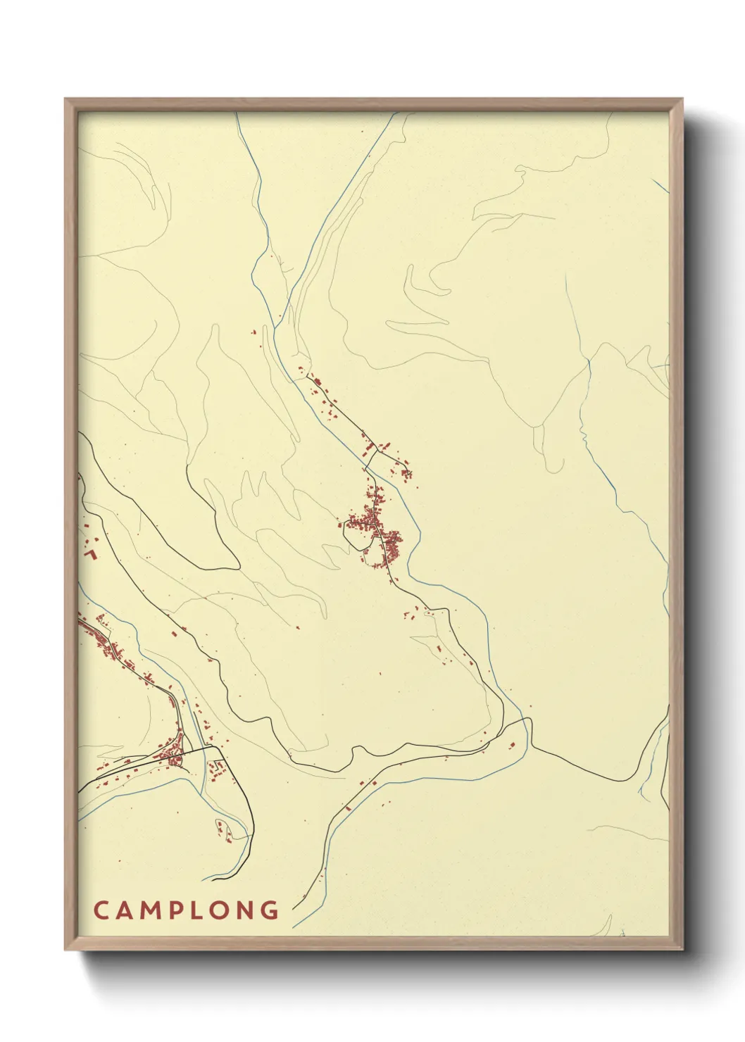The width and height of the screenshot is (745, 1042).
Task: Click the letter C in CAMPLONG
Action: point(100,910)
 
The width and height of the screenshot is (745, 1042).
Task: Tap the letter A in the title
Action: point(126,910)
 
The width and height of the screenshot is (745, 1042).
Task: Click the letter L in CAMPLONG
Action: point(208,910)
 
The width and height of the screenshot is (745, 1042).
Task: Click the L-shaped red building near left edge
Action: point(89,554)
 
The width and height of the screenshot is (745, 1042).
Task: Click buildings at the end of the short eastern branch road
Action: point(406,473)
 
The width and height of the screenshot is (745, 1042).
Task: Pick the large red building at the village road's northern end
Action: point(317,383)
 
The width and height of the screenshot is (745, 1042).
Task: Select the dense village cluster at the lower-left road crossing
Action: point(173,756)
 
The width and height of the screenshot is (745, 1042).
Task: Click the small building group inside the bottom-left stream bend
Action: point(223,830)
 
